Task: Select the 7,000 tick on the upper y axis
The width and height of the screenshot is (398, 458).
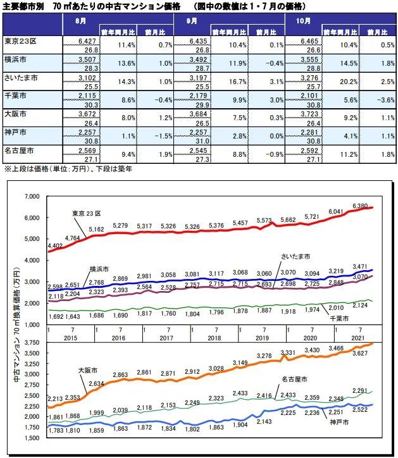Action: [31, 197]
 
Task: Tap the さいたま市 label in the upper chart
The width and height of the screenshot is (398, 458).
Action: [296, 256]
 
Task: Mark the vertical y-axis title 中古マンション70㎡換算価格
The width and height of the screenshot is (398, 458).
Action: [15, 326]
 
